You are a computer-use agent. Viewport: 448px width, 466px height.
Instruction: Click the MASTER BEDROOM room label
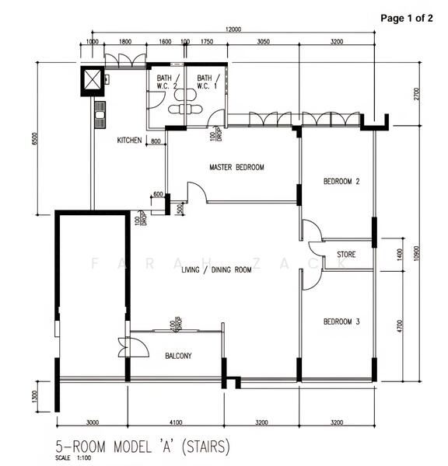[236, 167]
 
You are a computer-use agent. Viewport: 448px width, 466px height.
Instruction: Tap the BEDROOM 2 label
[341, 182]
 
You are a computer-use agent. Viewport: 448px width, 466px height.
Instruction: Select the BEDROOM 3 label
[341, 322]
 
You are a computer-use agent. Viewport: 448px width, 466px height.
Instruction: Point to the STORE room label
[347, 255]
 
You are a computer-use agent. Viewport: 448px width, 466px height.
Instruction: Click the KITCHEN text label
[129, 141]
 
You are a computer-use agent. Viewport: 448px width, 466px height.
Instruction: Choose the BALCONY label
[178, 356]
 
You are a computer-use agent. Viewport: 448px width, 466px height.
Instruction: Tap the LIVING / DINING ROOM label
[216, 270]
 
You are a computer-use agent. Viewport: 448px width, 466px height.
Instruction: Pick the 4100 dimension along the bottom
[176, 423]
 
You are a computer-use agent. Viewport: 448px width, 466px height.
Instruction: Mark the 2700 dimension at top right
[418, 94]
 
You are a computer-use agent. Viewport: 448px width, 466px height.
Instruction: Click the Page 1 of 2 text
[406, 19]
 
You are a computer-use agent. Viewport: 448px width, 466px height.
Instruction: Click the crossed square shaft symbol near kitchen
[93, 80]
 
